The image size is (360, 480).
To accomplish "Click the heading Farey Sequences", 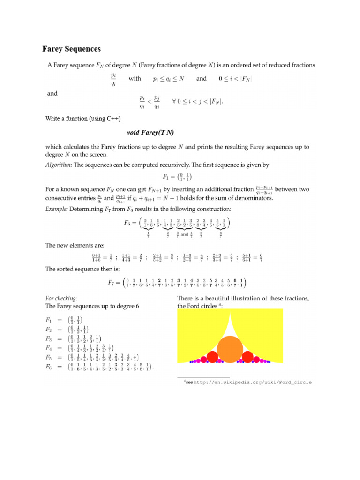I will click(72, 49).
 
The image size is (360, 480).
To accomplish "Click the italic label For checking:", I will click(61, 298).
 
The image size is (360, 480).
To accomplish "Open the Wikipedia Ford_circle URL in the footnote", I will click(253, 382).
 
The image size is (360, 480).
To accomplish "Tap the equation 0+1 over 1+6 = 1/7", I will click(102, 257).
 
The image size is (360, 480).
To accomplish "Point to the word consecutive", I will click(64, 198).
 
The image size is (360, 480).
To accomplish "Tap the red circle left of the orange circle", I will click(213, 357).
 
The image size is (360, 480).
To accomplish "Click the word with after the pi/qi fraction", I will click(135, 79).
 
